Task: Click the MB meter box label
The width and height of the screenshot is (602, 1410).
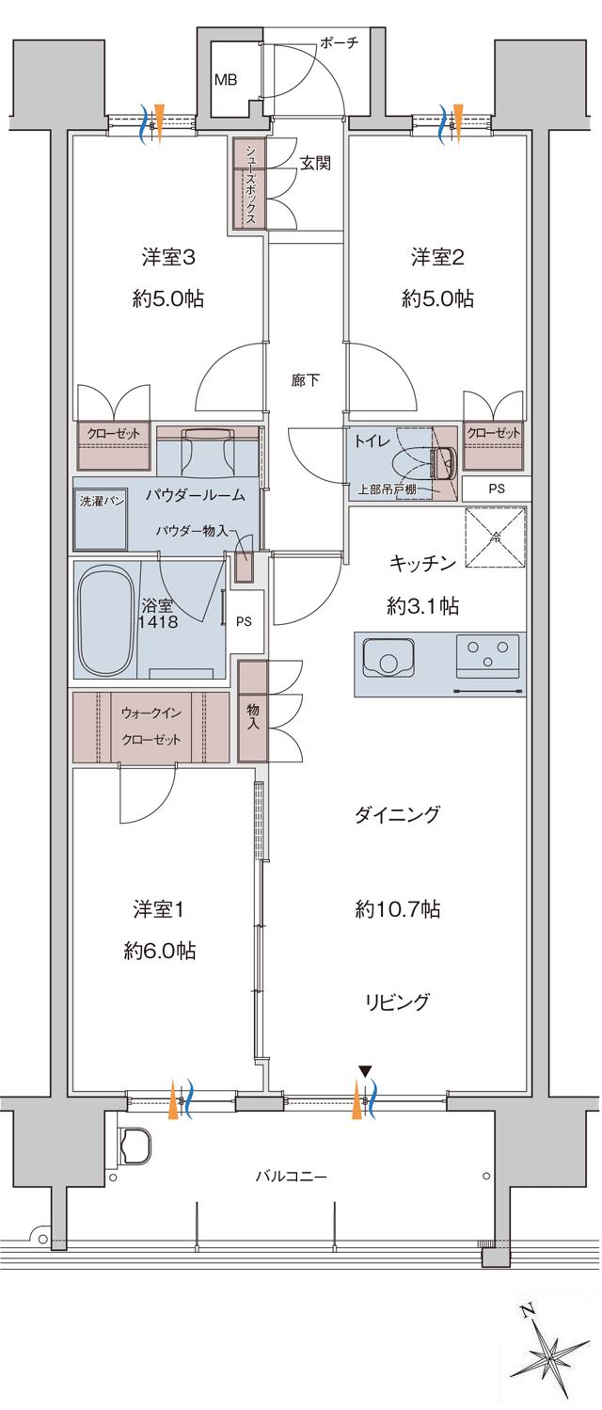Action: click(x=226, y=79)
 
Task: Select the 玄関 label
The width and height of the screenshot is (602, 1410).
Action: click(x=315, y=162)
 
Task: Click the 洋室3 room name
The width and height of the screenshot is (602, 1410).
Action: click(x=168, y=257)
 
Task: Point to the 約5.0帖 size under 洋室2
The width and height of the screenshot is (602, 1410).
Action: click(x=437, y=299)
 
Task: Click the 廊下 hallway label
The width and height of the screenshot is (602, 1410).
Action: click(x=305, y=381)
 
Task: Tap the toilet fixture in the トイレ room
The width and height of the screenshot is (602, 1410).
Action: click(x=443, y=461)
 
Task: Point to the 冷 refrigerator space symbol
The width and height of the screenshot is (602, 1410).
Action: click(x=495, y=539)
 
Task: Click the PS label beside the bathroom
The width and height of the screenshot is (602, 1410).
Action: click(x=245, y=621)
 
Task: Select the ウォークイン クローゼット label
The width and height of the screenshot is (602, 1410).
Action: click(x=151, y=726)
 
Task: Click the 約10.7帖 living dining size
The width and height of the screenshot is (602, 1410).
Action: click(x=398, y=910)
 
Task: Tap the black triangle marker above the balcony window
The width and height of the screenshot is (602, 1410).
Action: click(x=364, y=1070)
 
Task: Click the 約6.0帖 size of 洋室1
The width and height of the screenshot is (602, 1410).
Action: click(x=159, y=951)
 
